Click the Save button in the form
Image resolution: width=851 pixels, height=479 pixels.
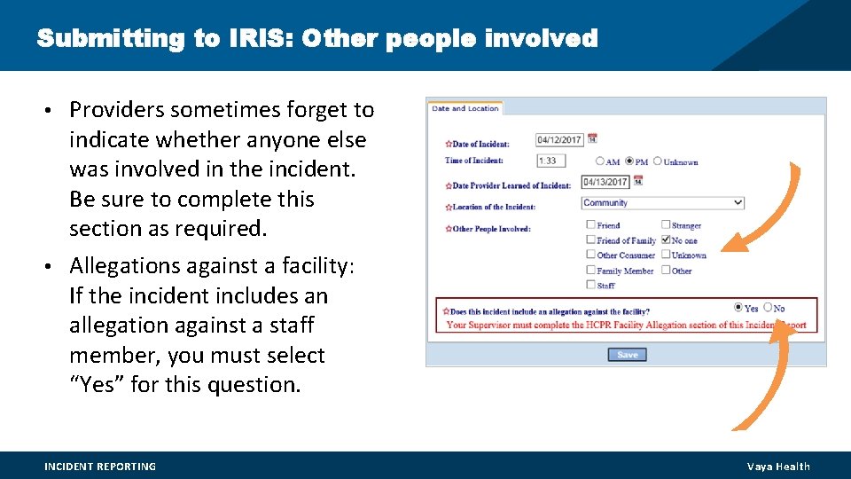tap(627, 355)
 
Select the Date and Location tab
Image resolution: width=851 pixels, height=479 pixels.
tap(465, 108)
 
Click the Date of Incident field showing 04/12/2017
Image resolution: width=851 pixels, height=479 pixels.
tap(558, 139)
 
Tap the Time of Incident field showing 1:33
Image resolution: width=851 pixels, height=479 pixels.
tap(550, 161)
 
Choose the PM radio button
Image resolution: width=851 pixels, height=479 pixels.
tap(629, 161)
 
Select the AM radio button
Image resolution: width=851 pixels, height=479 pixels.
tap(600, 161)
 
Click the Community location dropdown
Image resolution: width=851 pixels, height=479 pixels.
tap(662, 203)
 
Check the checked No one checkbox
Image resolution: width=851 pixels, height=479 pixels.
tap(666, 239)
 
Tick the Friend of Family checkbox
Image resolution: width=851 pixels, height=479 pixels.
tap(590, 239)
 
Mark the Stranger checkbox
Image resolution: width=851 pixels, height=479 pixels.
tap(666, 225)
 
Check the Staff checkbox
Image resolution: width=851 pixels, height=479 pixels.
tap(590, 285)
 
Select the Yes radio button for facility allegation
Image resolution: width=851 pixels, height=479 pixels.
tap(738, 307)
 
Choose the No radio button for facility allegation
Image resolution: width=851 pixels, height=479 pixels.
tap(768, 307)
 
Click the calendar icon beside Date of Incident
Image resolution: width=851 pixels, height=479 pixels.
tap(592, 138)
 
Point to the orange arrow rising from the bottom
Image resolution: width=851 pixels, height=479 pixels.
tap(762, 381)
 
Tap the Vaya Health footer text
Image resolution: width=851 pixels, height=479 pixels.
tap(777, 467)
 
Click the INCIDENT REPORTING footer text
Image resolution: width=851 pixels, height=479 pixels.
tap(100, 467)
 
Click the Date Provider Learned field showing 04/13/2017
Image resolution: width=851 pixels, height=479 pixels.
tap(605, 182)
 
